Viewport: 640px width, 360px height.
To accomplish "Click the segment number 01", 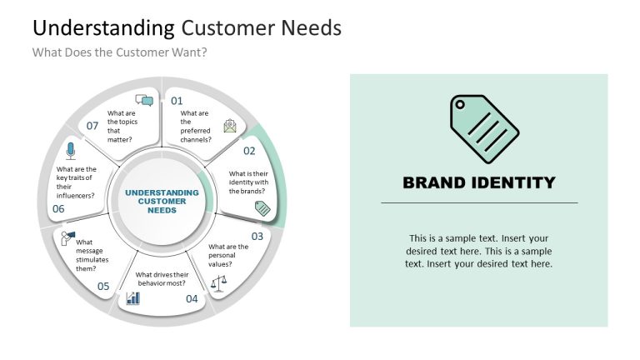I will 177,101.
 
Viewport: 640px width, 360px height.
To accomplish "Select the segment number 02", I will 249,151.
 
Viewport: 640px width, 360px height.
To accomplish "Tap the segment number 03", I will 257,236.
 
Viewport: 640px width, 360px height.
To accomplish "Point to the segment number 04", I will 192,298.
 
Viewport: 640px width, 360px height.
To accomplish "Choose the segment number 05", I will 103,286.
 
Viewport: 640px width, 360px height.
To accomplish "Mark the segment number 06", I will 58,209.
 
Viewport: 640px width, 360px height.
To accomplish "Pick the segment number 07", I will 92,126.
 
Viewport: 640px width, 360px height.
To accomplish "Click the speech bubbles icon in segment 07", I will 144,101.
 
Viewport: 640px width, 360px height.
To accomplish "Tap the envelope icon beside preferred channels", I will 230,126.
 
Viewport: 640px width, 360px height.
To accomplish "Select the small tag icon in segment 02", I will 262,208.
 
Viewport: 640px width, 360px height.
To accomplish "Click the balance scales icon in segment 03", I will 218,283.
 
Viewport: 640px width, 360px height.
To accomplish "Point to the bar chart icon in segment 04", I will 133,297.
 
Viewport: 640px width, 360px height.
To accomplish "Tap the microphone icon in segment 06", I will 71,151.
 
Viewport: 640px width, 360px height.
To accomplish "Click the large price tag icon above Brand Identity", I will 484,129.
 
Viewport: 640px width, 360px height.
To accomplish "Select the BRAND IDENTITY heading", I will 478,182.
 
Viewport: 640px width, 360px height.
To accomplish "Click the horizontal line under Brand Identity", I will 479,202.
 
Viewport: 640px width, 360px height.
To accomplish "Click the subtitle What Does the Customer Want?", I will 119,52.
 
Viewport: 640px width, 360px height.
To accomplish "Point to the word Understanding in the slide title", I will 103,27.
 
